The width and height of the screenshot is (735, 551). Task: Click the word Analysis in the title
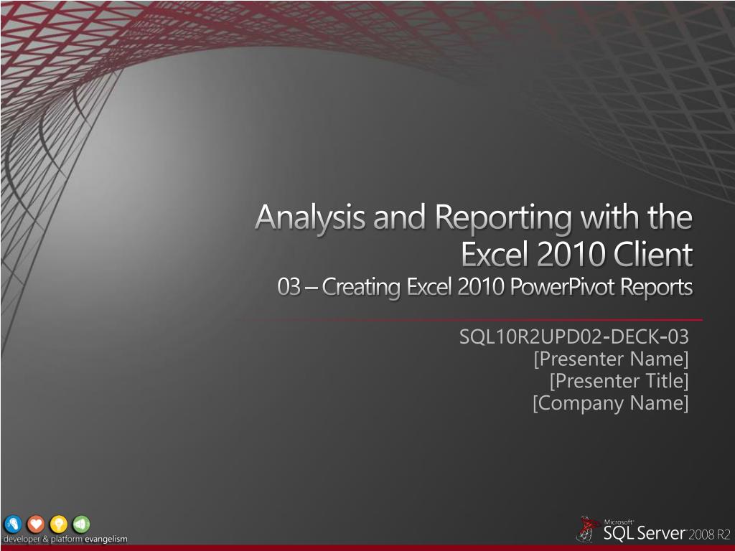coord(310,218)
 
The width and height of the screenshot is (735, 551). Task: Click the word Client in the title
coord(653,255)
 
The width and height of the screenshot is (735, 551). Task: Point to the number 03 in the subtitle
coord(289,287)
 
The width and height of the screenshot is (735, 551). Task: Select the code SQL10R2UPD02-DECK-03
coord(574,337)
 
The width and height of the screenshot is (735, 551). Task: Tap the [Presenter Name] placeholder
coord(612,359)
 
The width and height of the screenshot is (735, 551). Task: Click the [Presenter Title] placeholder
coord(619,381)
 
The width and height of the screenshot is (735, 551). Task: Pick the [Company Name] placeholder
coord(611,403)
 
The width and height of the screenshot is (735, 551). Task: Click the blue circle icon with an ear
coord(13,524)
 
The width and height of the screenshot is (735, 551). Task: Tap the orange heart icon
coord(36,524)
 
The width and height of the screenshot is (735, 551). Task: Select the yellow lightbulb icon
coord(59,524)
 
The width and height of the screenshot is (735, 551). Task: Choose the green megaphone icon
coord(82,524)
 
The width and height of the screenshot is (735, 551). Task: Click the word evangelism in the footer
coord(106,540)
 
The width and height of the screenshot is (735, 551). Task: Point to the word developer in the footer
coord(22,540)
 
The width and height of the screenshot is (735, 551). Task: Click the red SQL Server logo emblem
coord(589,529)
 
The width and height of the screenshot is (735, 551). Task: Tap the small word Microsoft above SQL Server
coord(619,522)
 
